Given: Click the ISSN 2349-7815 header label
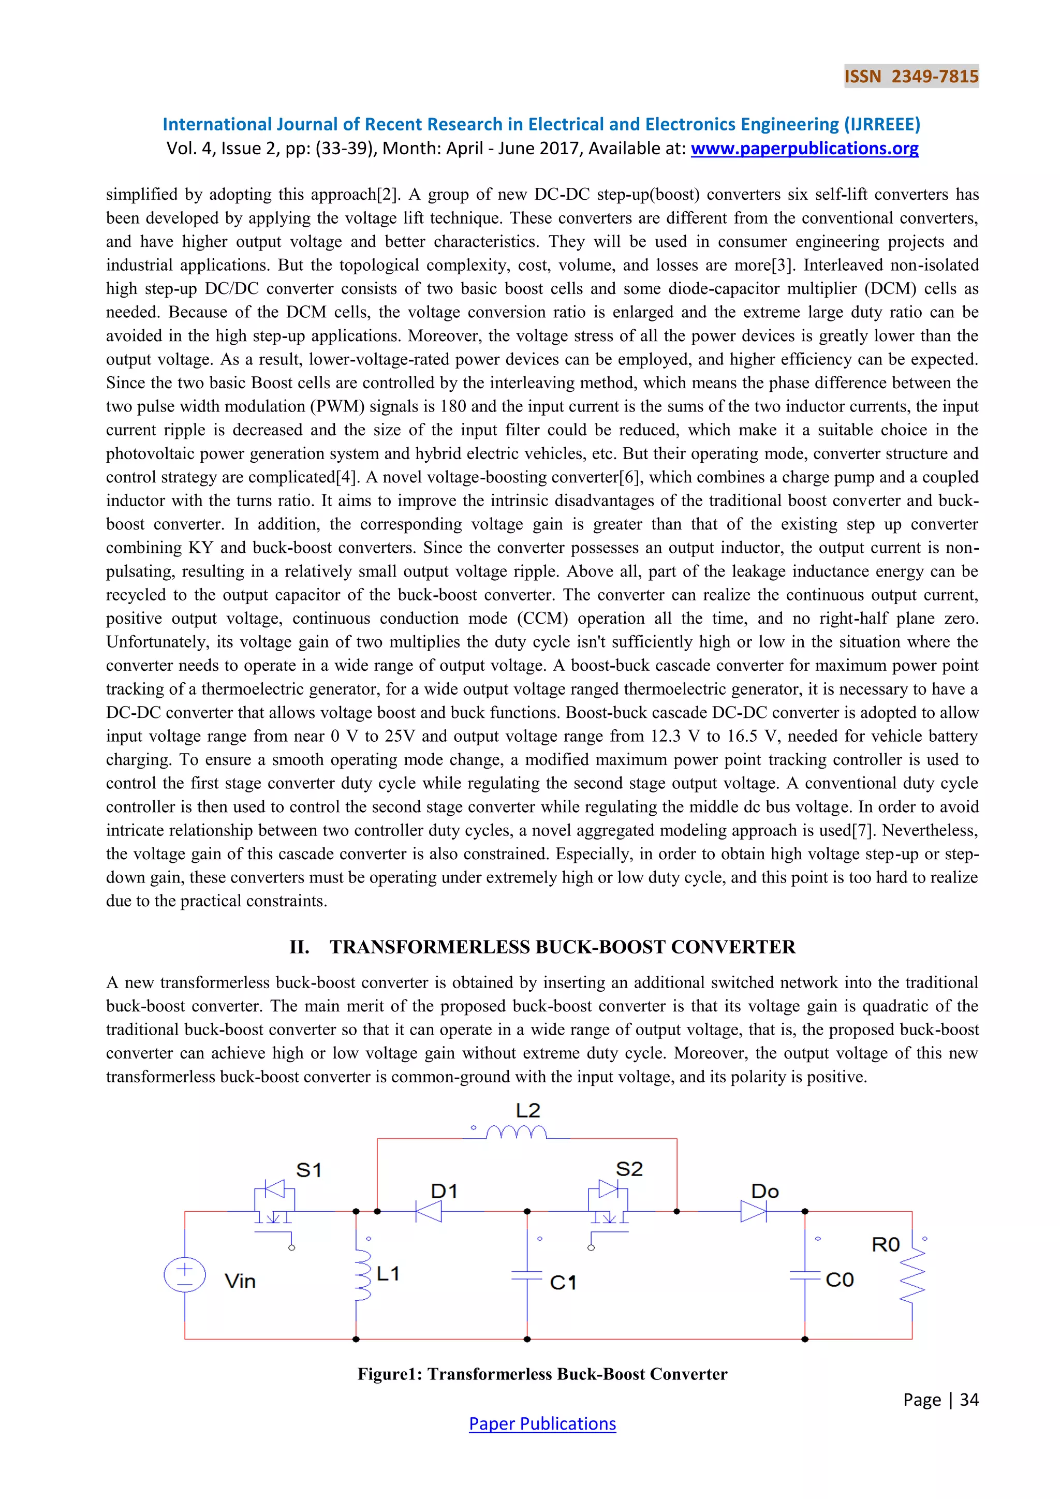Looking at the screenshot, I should [x=911, y=77].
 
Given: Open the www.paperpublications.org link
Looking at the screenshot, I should [x=804, y=149].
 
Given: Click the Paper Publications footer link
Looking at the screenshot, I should [x=542, y=1423].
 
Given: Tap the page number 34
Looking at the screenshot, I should [x=969, y=1400].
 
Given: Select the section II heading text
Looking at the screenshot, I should [x=542, y=947].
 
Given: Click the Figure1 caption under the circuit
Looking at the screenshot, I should [x=542, y=1374].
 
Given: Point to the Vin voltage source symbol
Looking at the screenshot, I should [x=185, y=1274].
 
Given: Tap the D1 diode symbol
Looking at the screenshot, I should [x=429, y=1212].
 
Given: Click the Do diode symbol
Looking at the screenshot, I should [x=753, y=1212].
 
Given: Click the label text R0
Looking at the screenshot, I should [x=885, y=1245].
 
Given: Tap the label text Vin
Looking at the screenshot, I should [x=240, y=1281].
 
